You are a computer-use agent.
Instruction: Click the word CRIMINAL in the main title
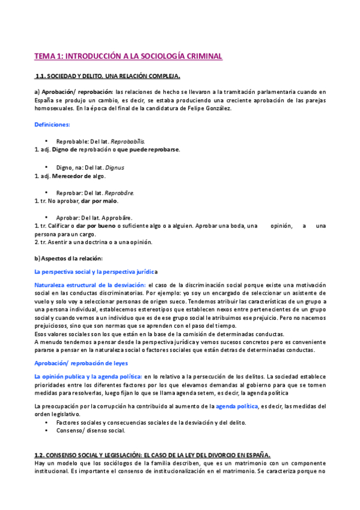202,57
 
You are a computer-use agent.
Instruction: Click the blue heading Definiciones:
52,124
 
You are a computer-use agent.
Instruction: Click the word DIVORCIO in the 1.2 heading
209,455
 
